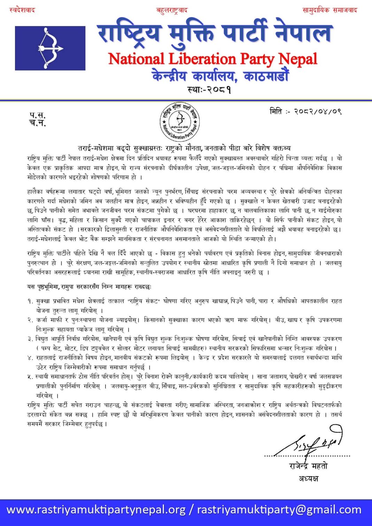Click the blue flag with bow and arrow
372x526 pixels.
tap(50, 48)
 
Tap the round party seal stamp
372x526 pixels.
tap(180, 122)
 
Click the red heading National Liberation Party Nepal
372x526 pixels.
tap(212, 59)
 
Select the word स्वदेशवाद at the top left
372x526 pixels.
tap(22, 10)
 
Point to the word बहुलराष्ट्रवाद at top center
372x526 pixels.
tap(172, 10)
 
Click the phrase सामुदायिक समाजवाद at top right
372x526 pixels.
tap(330, 10)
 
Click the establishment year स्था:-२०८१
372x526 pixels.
tap(209, 90)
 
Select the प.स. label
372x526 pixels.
tap(37, 115)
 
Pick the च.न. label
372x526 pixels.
tap(37, 123)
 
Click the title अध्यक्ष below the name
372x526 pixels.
tap(308, 478)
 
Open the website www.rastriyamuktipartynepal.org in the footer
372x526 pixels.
tap(96, 510)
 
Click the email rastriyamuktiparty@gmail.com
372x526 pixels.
tap(279, 510)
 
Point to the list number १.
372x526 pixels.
tap(30, 301)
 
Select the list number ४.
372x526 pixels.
tap(30, 358)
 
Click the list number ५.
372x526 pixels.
tap(30, 377)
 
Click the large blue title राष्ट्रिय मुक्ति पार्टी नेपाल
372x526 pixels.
tap(215, 33)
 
